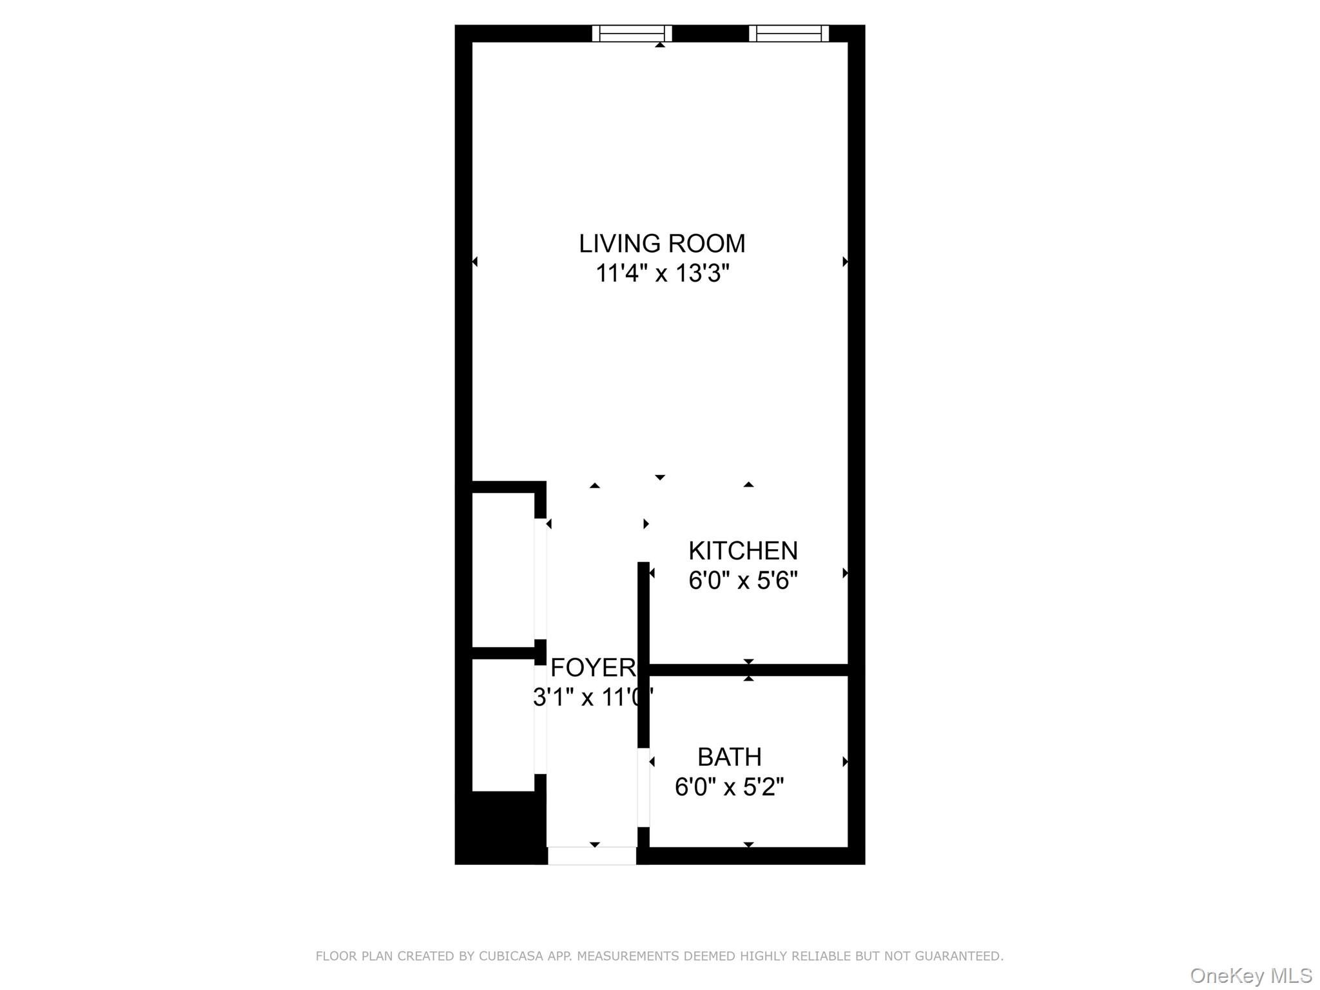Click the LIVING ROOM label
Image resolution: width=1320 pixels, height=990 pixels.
[x=662, y=244]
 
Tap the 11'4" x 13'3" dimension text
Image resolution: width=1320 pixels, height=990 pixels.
[x=662, y=273]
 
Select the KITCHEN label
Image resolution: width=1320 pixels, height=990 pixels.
[x=743, y=551]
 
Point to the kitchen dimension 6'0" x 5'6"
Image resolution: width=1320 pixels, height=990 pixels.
[x=743, y=581]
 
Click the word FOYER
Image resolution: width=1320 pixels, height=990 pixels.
[x=593, y=668]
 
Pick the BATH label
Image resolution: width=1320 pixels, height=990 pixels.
[x=730, y=757]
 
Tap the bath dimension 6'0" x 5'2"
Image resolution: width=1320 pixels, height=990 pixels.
[x=730, y=787]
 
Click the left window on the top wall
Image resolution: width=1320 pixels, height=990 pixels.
[x=632, y=34]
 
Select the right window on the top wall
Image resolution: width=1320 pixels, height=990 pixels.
[x=789, y=34]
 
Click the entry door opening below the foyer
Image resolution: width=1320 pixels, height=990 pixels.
[x=592, y=856]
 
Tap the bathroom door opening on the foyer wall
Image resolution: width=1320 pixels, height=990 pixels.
[x=643, y=787]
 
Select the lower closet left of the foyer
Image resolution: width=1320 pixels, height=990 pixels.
[x=503, y=724]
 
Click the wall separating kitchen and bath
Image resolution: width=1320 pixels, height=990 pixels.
[x=748, y=670]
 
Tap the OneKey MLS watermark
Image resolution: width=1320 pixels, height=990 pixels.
[x=1251, y=975]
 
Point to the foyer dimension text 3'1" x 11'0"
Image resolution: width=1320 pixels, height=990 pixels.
[x=593, y=697]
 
